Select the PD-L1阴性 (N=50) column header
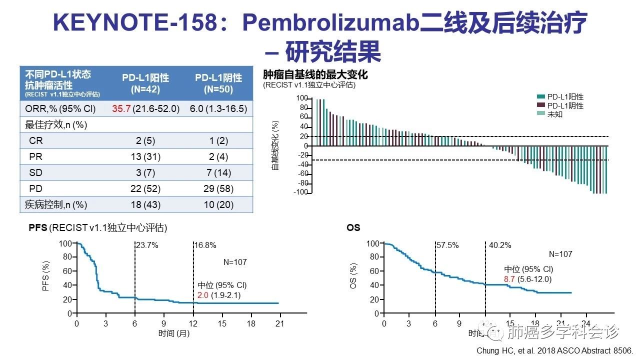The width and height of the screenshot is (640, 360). [218, 83]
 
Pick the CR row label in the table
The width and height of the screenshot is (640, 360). [36, 141]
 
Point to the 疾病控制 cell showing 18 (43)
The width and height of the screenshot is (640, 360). [145, 205]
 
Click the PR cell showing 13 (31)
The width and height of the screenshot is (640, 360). [145, 157]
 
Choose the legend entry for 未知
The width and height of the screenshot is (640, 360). [555, 114]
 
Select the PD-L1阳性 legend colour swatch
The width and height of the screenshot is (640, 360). [540, 97]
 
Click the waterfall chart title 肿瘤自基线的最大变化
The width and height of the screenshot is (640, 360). [315, 75]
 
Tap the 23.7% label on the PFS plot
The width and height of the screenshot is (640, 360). [147, 245]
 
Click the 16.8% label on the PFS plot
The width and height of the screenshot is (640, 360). [205, 245]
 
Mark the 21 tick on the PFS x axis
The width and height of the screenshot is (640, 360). [279, 323]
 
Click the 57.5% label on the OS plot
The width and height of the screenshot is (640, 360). [447, 245]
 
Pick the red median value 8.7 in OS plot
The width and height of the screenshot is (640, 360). [509, 279]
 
